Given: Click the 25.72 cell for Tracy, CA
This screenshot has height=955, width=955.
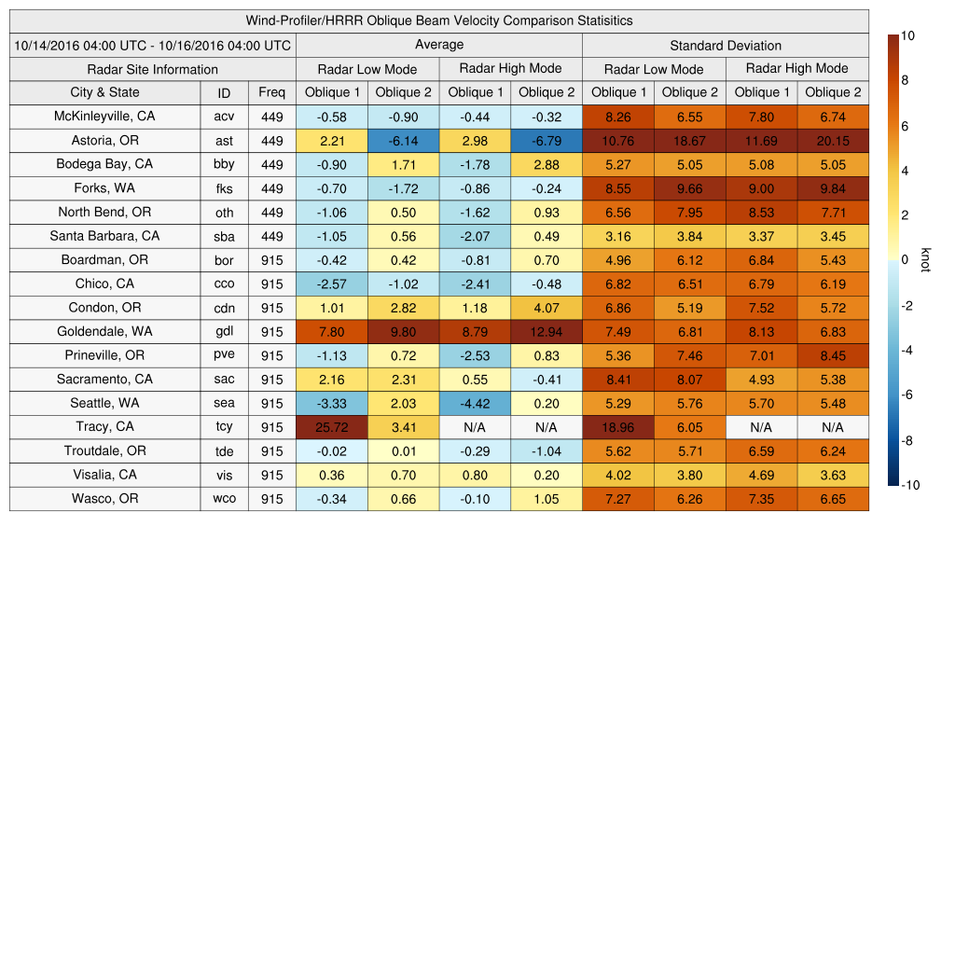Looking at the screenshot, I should click(x=331, y=427).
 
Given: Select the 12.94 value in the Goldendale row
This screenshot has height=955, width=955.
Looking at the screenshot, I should click(x=547, y=331).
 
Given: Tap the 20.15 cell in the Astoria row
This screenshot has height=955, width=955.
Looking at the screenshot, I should click(x=833, y=140).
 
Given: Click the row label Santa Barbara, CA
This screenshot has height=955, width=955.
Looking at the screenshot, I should click(x=104, y=236).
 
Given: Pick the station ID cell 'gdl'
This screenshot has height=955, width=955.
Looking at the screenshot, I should click(x=224, y=331).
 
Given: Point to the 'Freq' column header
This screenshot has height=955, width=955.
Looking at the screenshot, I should click(x=272, y=92).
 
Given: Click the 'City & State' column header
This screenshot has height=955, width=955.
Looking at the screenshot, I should click(x=104, y=92).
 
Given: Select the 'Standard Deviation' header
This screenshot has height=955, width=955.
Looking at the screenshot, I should click(x=726, y=45).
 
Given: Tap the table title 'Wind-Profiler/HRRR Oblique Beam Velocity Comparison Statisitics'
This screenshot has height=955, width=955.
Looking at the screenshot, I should click(x=439, y=21).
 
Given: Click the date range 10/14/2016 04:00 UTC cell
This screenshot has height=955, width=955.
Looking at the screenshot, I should click(x=153, y=45).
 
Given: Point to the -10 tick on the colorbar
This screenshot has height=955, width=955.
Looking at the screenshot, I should click(x=912, y=485).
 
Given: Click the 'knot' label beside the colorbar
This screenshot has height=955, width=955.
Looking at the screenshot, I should click(x=925, y=259).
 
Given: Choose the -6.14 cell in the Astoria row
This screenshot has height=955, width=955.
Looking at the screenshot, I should click(x=403, y=140).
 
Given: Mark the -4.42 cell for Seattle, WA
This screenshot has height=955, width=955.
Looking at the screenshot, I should click(x=475, y=403).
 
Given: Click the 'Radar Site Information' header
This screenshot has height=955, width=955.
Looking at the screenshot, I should click(x=153, y=69).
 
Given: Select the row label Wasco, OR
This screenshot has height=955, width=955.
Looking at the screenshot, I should click(x=104, y=499).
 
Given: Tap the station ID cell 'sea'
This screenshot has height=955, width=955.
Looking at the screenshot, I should click(x=224, y=403).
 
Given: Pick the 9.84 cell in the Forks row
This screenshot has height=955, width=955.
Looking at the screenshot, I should click(x=833, y=188).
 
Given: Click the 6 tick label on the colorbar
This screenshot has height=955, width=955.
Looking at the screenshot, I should click(x=906, y=126).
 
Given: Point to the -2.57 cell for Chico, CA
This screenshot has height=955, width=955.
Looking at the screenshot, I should click(x=331, y=284).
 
